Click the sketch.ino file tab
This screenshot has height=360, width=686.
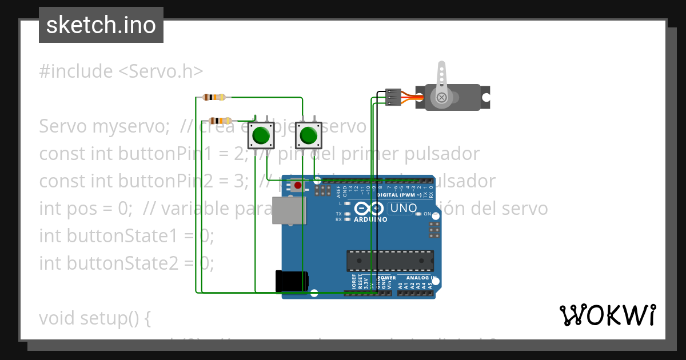pos(101,25)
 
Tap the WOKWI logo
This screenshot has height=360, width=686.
pos(607,315)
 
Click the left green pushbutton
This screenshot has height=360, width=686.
pos(261,135)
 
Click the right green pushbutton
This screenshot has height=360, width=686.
pos(308,135)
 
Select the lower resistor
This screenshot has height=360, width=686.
pos(221,120)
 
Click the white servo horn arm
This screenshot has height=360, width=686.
pos(441,80)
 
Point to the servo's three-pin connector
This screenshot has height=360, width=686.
pos(393,97)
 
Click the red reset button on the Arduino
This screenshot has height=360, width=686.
pos(297,185)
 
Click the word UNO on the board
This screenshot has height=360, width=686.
pos(403,209)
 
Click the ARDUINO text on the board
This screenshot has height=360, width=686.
pos(370,219)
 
